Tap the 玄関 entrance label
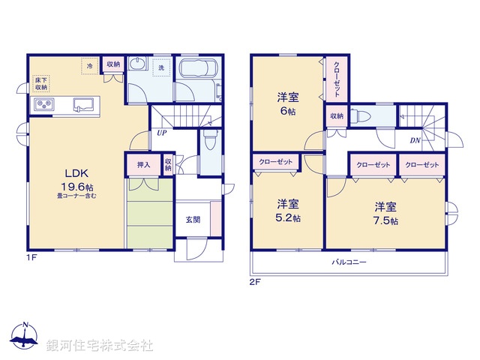(193, 220)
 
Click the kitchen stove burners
(42, 104)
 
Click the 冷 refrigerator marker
(90, 67)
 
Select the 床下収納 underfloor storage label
(40, 82)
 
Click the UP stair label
(161, 134)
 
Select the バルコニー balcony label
(349, 262)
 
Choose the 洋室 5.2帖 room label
(286, 210)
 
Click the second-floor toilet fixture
(361, 116)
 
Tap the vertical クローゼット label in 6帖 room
(337, 78)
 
